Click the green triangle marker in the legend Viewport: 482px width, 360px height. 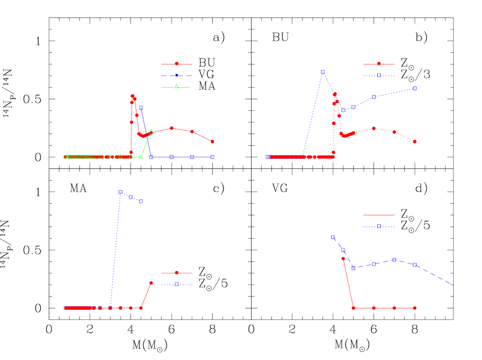point(177,87)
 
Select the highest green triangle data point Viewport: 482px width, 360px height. point(151,131)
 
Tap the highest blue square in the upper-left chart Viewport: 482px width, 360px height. point(141,108)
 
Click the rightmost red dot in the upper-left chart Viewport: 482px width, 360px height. point(212,141)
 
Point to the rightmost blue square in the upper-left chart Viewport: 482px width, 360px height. point(212,157)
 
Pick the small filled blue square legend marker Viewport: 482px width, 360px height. point(177,75)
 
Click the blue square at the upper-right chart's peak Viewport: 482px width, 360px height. point(323,72)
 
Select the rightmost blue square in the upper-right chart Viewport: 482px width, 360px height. point(414,88)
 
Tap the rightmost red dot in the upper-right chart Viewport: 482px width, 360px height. point(414,141)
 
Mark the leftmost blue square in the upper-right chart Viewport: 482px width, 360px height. point(267,157)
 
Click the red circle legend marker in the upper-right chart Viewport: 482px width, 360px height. point(379,64)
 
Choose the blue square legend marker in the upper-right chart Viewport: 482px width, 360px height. point(379,75)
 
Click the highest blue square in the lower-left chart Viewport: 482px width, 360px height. point(120,192)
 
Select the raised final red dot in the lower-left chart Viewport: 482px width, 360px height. point(151,283)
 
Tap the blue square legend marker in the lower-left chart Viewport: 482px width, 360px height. point(177,285)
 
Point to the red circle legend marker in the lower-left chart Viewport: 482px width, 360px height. point(177,273)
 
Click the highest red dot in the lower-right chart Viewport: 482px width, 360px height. point(343,259)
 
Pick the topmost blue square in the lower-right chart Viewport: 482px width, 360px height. point(332,237)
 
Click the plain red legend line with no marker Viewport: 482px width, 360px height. point(379,215)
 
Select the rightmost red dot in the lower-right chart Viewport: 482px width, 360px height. point(414,308)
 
